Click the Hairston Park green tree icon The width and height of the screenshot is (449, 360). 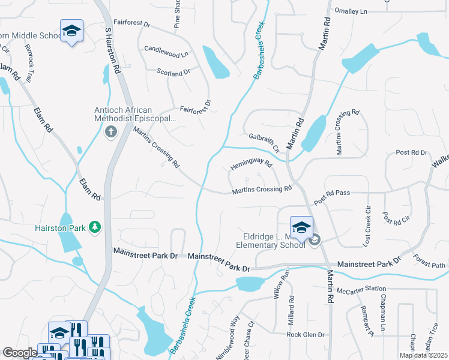click(94, 227)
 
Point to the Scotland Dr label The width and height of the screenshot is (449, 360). click(173, 71)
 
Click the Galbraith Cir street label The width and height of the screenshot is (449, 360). click(264, 141)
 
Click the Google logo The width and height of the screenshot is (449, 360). click(19, 353)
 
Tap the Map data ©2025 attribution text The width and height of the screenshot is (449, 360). click(423, 355)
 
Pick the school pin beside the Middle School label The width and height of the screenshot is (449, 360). click(71, 31)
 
